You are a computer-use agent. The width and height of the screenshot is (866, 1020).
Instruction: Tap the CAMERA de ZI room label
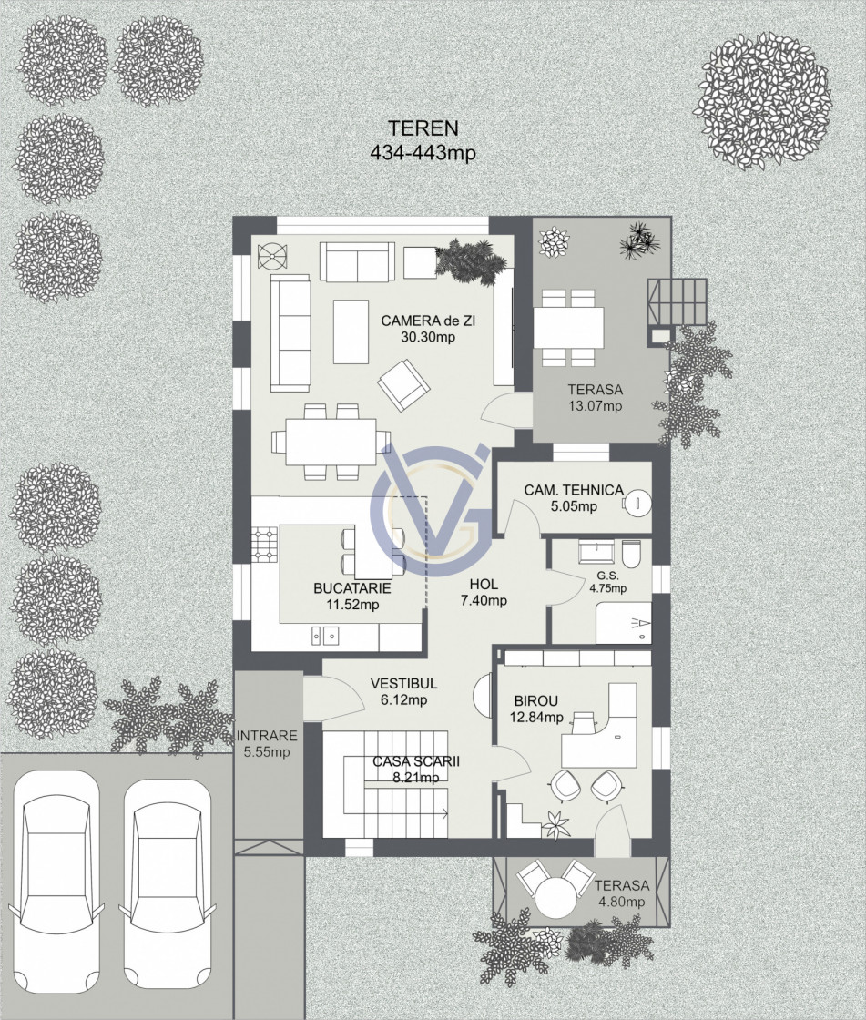428,321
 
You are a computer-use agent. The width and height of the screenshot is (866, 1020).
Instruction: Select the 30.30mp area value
428,337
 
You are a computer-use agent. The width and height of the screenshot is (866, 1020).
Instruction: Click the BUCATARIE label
352,588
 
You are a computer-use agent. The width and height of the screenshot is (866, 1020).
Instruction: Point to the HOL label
484,584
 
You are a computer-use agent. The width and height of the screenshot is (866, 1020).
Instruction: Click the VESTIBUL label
403,684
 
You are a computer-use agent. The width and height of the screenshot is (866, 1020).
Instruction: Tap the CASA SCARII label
416,761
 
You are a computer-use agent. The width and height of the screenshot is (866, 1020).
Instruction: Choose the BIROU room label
536,701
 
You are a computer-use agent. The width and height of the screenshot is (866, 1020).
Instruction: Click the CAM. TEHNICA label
574,490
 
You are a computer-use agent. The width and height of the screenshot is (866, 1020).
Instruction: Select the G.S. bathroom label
607,576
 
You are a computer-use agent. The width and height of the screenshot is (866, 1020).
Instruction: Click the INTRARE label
267,736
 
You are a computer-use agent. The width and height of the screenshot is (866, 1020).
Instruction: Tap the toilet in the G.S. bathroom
631,554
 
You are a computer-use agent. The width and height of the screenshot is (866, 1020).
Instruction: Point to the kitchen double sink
325,634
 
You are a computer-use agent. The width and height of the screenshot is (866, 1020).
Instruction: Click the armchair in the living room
404,386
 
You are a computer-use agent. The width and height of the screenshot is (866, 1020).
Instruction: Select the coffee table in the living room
351,331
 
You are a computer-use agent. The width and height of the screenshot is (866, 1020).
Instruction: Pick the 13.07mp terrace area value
595,406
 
